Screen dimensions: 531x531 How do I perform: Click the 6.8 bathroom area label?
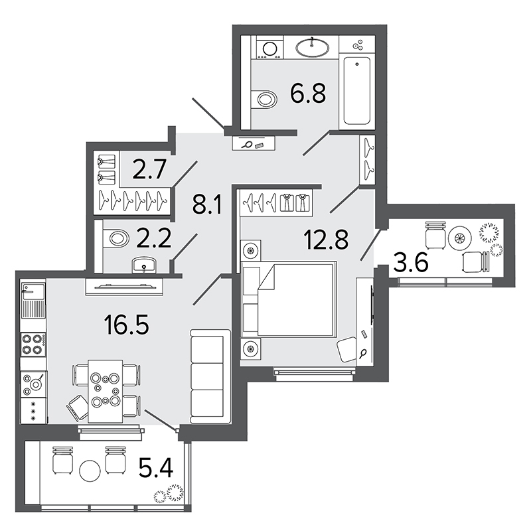[308, 93]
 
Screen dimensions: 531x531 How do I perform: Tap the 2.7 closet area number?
[149, 169]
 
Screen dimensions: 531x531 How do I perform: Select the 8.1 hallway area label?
[206, 205]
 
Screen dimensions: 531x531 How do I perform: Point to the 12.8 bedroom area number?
[326, 239]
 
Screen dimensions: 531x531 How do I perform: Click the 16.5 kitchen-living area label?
[127, 325]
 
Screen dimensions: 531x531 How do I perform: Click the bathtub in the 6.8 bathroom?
[357, 91]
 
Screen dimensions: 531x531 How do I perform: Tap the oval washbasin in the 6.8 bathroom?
[312, 47]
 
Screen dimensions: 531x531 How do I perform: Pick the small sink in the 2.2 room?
[144, 264]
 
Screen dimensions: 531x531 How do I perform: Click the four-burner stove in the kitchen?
[33, 344]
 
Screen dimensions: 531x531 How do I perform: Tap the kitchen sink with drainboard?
[33, 301]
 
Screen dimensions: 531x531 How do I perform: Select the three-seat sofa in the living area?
[210, 376]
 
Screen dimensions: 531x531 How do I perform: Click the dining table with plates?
[106, 391]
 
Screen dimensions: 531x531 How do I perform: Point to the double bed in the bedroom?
[289, 299]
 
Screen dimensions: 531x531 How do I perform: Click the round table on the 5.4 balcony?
[90, 471]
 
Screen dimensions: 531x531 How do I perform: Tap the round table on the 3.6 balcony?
[459, 238]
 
